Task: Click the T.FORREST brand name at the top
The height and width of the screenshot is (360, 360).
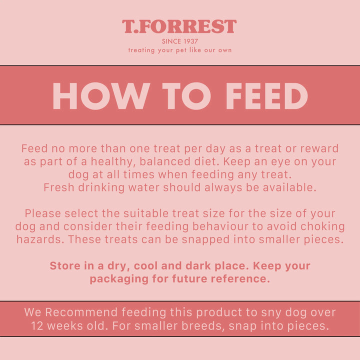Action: click(x=179, y=26)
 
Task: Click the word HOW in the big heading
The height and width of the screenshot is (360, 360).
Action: click(x=100, y=96)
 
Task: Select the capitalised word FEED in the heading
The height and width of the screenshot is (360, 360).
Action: click(x=266, y=96)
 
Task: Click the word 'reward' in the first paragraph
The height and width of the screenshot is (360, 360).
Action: click(x=320, y=148)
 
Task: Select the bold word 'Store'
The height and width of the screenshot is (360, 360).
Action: click(x=65, y=265)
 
